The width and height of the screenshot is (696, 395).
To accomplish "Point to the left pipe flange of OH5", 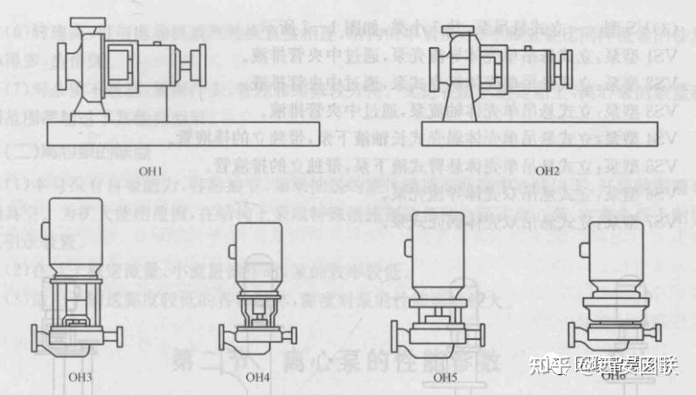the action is coord(396,336).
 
